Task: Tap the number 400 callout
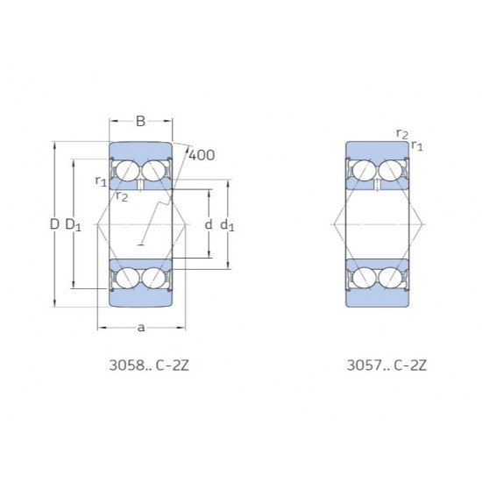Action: pos(202,155)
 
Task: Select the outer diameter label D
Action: pos(54,225)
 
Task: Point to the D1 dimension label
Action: pos(73,226)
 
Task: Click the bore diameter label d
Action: pos(208,225)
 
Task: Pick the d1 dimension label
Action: pos(228,226)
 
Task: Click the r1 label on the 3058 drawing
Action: pos(101,181)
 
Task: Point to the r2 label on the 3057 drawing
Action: pos(401,133)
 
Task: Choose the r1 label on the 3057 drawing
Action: pos(417,145)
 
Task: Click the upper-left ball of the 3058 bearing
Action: pos(126,172)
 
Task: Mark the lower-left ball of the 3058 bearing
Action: pos(126,278)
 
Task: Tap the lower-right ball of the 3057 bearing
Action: pos(391,278)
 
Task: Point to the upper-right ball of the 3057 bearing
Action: pos(391,172)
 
